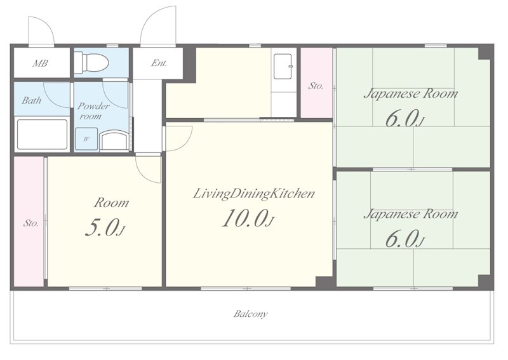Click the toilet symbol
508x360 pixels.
pyautogui.click(x=91, y=63)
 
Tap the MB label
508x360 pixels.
pyautogui.click(x=40, y=63)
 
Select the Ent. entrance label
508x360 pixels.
pyautogui.click(x=159, y=63)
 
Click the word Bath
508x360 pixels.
pyautogui.click(x=31, y=100)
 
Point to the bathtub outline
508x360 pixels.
pyautogui.click(x=42, y=135)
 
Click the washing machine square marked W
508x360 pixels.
pyautogui.click(x=86, y=139)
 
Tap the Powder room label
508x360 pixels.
pyautogui.click(x=93, y=111)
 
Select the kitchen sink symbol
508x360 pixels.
pyautogui.click(x=283, y=67)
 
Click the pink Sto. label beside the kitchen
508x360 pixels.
pyautogui.click(x=316, y=86)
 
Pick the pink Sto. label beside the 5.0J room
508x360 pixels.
pyautogui.click(x=30, y=223)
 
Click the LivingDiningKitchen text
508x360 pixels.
pyautogui.click(x=253, y=194)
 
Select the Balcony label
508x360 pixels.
pyautogui.click(x=251, y=314)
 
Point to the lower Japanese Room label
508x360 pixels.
pyautogui.click(x=411, y=215)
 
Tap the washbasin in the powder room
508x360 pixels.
pyautogui.click(x=114, y=140)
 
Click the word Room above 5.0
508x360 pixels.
pyautogui.click(x=112, y=203)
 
